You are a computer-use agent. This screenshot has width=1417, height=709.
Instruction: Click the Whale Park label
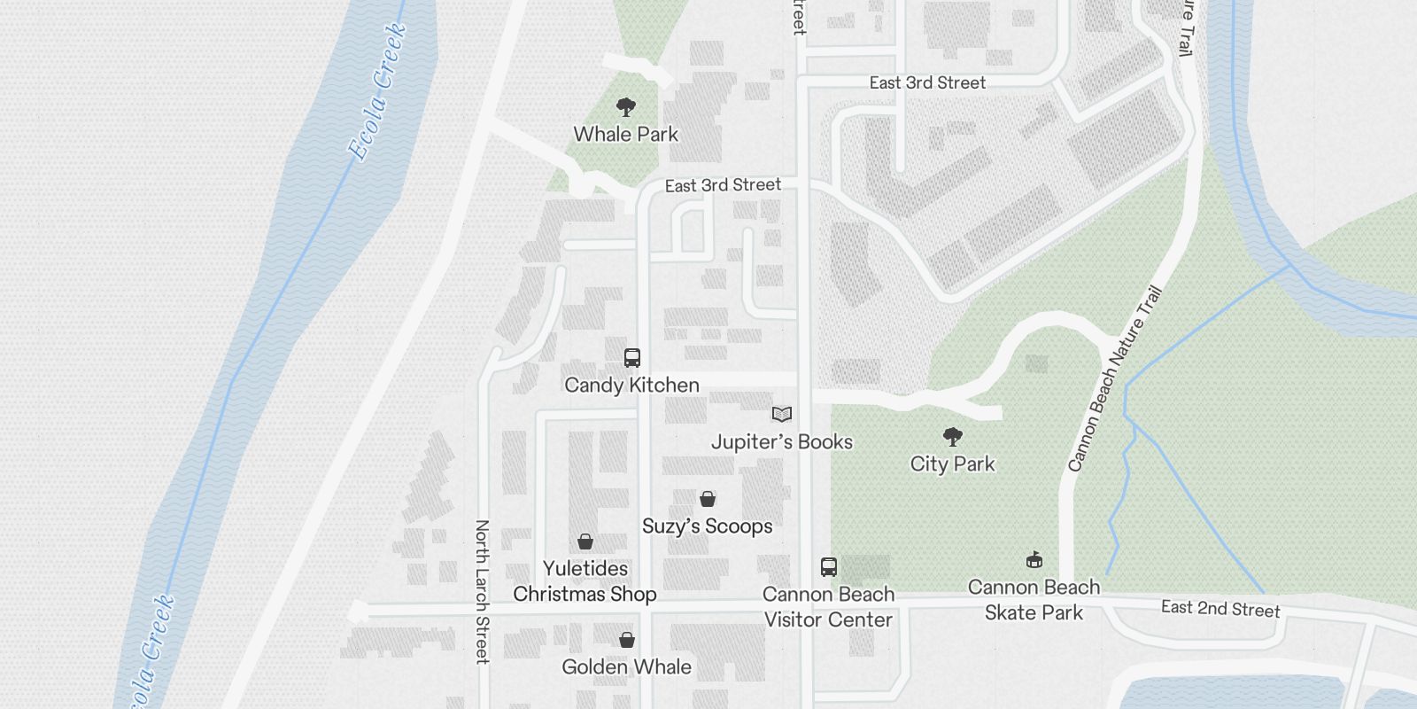625,135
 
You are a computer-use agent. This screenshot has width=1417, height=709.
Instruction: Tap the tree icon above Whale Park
626,108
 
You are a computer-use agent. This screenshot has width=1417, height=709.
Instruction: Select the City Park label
952,464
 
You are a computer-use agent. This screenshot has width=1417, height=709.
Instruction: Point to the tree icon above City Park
952,436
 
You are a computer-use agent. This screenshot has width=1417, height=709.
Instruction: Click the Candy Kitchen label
631,385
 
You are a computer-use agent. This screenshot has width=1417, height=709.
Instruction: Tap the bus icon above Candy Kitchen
631,358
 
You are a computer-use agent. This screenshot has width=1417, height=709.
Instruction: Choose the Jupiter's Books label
781,441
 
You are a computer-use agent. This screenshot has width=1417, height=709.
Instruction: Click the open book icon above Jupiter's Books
781,414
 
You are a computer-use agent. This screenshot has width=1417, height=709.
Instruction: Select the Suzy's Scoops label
707,526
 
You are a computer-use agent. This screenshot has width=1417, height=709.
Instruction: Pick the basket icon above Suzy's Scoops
707,499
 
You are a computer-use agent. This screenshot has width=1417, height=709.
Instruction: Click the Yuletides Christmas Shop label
585,581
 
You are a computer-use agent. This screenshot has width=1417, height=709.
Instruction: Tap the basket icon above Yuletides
585,541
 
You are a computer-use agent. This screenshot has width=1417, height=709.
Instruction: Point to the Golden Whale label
626,666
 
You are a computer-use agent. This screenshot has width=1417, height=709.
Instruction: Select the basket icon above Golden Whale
626,640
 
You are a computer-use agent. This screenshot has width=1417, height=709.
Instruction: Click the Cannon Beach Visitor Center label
828,607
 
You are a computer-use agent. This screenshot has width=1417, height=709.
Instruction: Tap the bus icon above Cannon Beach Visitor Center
828,567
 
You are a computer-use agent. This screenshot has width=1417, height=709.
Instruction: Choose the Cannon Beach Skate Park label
1034,600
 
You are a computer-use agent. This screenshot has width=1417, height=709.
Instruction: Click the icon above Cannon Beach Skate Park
1034,560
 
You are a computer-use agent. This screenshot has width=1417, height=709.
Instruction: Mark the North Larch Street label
482,591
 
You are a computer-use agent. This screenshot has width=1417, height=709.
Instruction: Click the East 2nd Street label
1220,608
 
